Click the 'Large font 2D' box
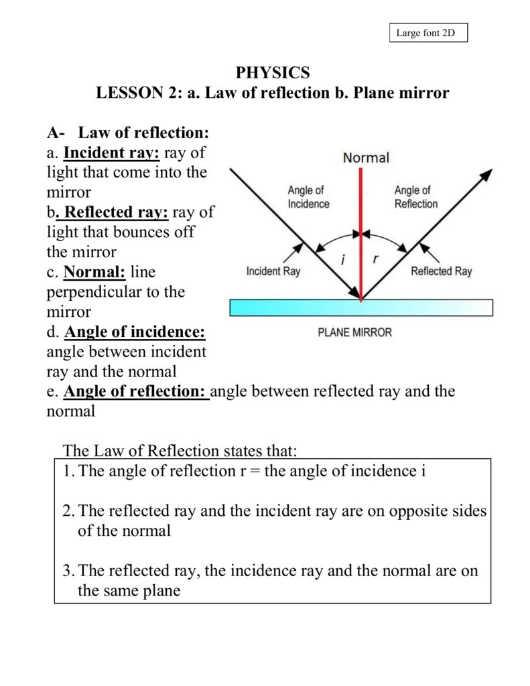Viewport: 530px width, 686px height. pyautogui.click(x=428, y=33)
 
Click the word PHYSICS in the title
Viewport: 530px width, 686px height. pyautogui.click(x=273, y=72)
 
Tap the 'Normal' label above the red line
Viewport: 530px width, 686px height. pyautogui.click(x=366, y=157)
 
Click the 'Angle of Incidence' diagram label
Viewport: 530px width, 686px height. pyautogui.click(x=308, y=197)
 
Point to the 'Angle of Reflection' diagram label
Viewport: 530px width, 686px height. pyautogui.click(x=415, y=197)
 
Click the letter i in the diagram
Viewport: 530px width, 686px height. pyautogui.click(x=342, y=260)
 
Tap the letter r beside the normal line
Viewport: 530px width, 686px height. pyautogui.click(x=376, y=259)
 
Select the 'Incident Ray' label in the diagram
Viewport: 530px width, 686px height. pyautogui.click(x=273, y=271)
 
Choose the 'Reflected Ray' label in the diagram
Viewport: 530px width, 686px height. pyautogui.click(x=441, y=271)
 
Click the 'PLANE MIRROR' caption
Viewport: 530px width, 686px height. pyautogui.click(x=354, y=332)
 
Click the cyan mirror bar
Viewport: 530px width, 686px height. pyautogui.click(x=361, y=307)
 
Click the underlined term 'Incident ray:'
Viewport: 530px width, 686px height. pyautogui.click(x=111, y=153)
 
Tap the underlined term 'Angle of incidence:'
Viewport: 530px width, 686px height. pyautogui.click(x=135, y=332)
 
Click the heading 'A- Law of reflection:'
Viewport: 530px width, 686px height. pyautogui.click(x=128, y=133)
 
